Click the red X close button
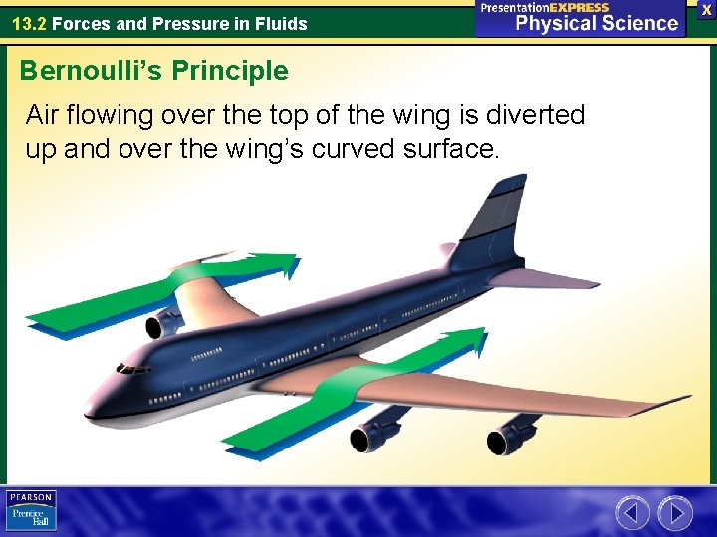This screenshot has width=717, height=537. pyautogui.click(x=706, y=9)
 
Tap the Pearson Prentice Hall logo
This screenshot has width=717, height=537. pyautogui.click(x=31, y=510)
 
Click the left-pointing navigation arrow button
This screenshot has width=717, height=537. pyautogui.click(x=632, y=512)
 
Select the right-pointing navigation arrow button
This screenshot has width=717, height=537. pyautogui.click(x=676, y=512)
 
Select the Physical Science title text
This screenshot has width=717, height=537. pyautogui.click(x=596, y=22)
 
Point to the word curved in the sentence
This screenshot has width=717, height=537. pyautogui.click(x=341, y=150)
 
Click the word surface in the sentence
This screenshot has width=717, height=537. pyautogui.click(x=450, y=150)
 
